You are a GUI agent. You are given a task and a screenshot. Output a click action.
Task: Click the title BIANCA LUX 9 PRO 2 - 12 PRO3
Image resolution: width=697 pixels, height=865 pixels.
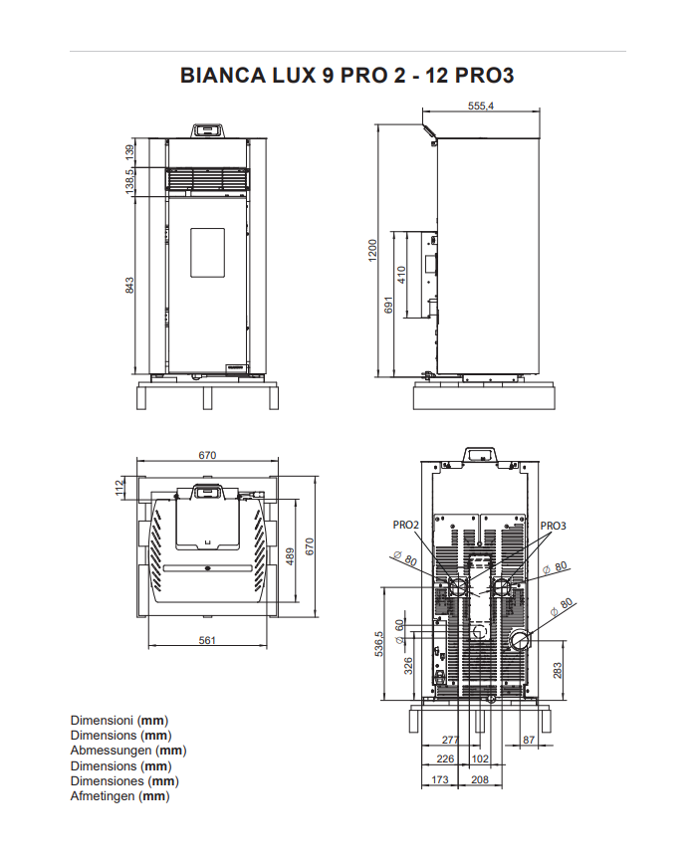(x=348, y=77)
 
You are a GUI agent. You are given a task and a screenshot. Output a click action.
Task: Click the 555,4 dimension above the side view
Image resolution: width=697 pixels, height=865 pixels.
(x=480, y=107)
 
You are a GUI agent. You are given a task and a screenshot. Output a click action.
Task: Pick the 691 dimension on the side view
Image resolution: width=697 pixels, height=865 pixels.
(x=390, y=307)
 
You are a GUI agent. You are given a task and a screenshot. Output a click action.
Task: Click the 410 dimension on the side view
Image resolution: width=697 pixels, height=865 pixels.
(x=402, y=275)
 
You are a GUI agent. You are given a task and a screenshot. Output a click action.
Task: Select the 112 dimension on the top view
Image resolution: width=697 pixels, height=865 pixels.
(x=120, y=487)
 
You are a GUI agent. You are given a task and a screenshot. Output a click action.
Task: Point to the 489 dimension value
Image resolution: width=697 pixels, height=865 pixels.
(x=291, y=556)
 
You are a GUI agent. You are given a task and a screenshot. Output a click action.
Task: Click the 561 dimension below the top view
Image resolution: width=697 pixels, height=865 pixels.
(x=206, y=640)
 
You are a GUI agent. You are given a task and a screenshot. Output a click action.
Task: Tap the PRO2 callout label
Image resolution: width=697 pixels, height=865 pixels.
(x=406, y=525)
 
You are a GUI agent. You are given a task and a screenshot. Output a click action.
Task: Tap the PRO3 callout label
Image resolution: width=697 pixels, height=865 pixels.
(x=553, y=525)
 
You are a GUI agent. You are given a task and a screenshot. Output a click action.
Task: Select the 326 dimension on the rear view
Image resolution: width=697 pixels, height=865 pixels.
(x=408, y=665)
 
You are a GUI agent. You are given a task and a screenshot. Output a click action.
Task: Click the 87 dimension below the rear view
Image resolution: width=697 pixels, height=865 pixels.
(x=528, y=740)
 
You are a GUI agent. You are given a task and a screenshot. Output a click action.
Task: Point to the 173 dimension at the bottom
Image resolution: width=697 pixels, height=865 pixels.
(x=438, y=780)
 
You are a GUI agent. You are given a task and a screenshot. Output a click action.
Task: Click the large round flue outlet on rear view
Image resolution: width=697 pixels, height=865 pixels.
(x=519, y=638)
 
